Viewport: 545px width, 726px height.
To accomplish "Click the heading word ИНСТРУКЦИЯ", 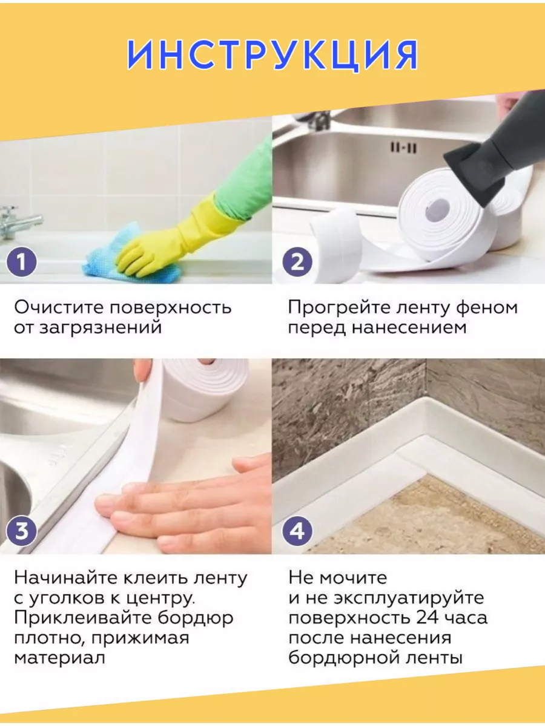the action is pos(272,54).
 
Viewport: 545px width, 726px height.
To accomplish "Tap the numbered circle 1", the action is pos(21,262).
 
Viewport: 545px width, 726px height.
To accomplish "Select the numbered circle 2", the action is pos(297,262).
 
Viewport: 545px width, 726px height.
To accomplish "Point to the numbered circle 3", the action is pos(21,532).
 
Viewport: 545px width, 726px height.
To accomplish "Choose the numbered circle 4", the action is pos(297,532).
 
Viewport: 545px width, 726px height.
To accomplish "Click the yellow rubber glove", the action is pos(179,238).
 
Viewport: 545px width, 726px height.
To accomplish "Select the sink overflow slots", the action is pos(403,147).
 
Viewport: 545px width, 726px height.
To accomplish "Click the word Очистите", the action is pos(59,307).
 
